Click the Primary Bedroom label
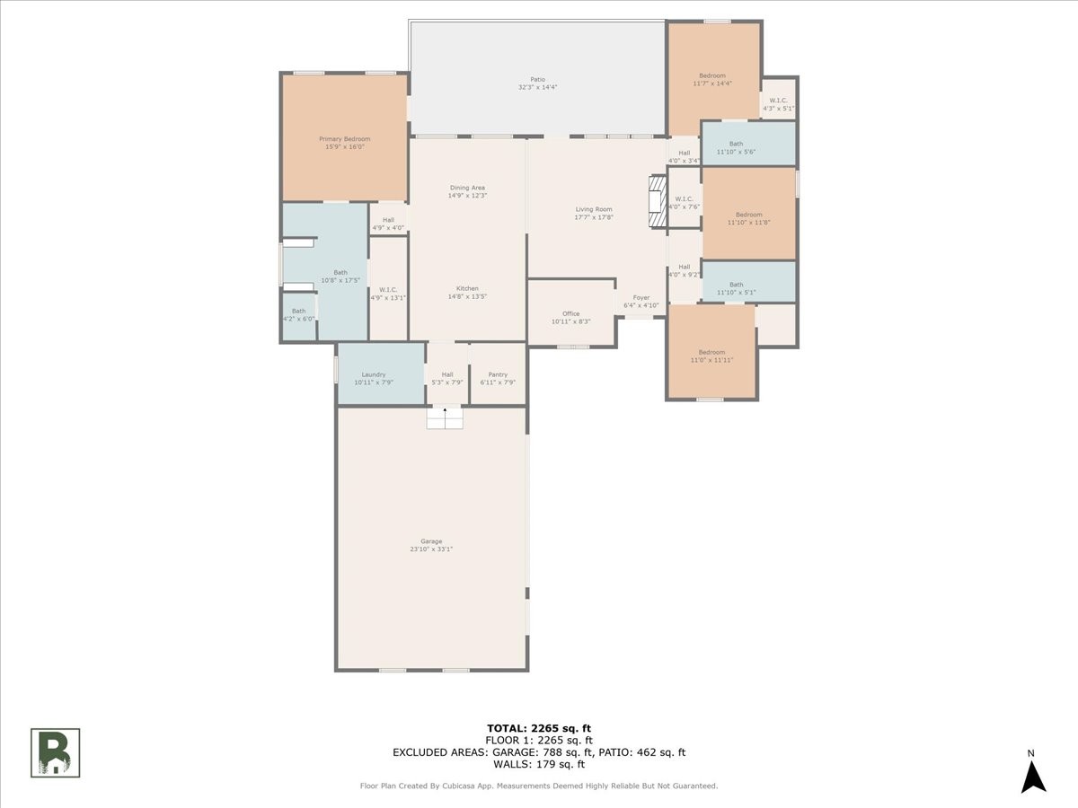point(345,139)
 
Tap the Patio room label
point(537,79)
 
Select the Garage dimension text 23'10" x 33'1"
point(431,549)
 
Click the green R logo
point(56,752)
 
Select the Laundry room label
point(374,374)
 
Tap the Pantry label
point(498,374)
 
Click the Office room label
point(571,313)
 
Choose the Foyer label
point(641,297)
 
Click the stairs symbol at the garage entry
point(445,417)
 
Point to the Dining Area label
point(467,188)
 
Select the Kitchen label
point(467,288)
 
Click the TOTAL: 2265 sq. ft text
point(539,728)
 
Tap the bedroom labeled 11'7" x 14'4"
point(712,79)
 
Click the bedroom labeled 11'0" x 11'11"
point(711,356)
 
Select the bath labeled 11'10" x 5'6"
point(736,148)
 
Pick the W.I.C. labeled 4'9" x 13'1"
point(388,294)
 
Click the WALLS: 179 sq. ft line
point(539,765)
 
